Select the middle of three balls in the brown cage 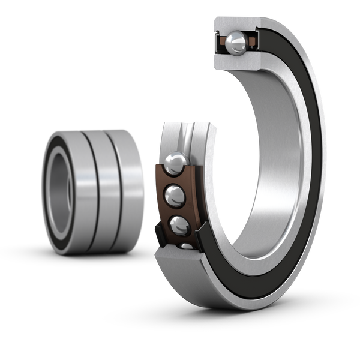click(175, 194)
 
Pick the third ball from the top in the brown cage click(179, 225)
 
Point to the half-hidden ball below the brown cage click(187, 245)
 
